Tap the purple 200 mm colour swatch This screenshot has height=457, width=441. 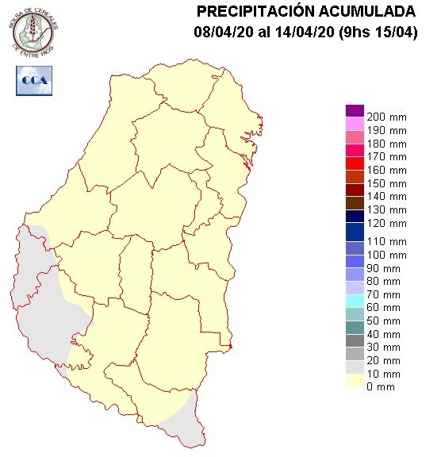point(355,111)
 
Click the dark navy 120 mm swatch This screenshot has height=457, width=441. point(355,217)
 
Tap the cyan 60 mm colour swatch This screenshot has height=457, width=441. point(355,301)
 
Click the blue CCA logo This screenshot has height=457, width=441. point(33,80)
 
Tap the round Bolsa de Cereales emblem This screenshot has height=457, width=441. point(34,30)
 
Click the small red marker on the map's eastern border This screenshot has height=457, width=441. point(231,346)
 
